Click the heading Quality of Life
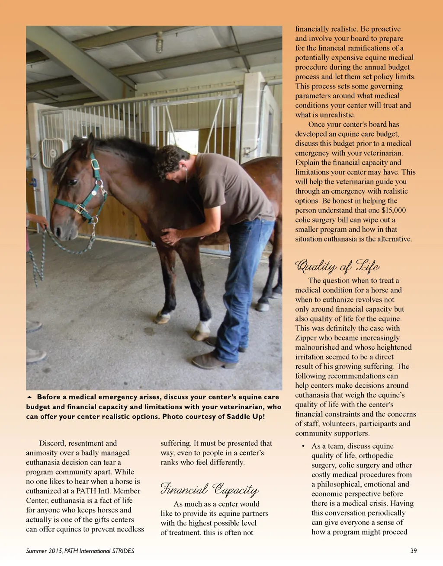337,266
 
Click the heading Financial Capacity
210,489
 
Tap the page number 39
414,551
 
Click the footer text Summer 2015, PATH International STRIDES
80,551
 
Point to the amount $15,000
394,210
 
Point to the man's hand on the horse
170,236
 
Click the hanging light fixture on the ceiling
160,42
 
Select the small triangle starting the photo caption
29,397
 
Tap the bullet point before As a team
303,446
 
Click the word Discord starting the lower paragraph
53,443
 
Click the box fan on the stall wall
52,153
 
